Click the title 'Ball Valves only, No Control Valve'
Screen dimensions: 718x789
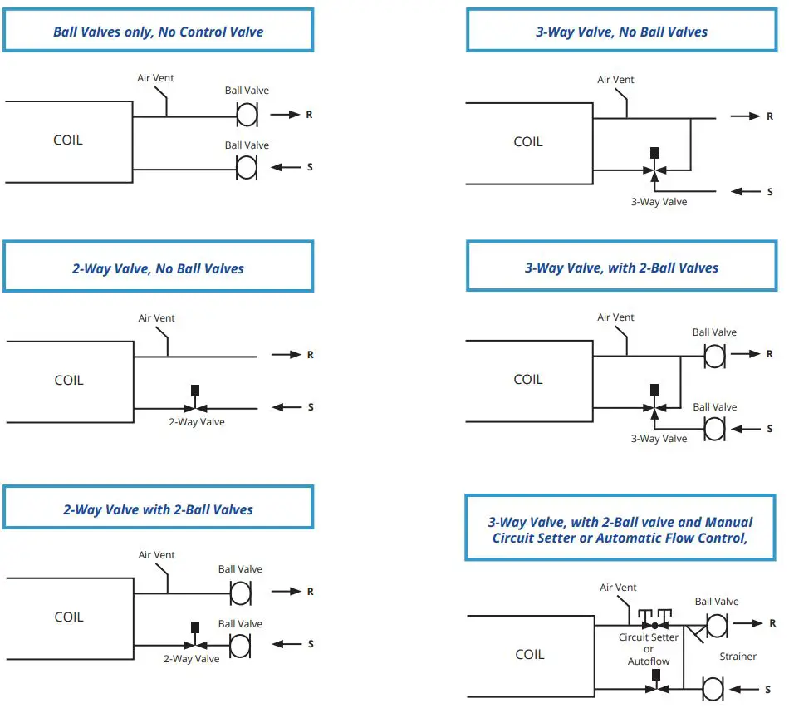pos(158,32)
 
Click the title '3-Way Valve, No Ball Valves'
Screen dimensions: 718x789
pos(621,32)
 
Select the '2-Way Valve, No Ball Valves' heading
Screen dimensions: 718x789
pos(158,268)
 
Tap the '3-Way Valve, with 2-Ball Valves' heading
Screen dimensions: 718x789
pos(621,268)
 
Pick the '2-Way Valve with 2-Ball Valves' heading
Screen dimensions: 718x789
pos(158,509)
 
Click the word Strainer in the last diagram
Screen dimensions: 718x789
pos(738,657)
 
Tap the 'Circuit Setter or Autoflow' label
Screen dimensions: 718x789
pos(648,649)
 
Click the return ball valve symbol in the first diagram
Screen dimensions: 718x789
pos(247,114)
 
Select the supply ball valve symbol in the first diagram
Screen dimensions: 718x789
pos(247,167)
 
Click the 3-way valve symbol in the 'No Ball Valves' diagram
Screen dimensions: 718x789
pos(654,170)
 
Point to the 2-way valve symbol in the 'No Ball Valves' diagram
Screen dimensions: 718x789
pos(195,406)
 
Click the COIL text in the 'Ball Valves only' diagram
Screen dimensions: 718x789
pos(68,140)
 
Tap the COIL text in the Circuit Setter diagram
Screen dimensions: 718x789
pos(530,654)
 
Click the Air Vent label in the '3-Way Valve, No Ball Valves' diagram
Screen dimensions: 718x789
pos(615,80)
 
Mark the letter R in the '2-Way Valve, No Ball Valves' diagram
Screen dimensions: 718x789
pos(310,355)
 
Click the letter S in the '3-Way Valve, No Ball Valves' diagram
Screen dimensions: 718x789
pos(770,192)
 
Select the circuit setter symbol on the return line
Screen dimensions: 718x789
pos(654,621)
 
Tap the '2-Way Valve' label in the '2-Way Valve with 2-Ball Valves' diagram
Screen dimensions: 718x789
pos(191,658)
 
